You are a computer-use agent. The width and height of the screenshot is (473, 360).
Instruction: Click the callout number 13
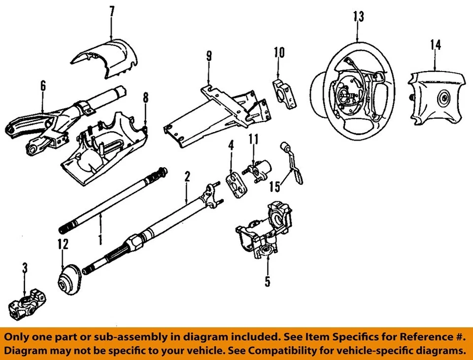[358, 16]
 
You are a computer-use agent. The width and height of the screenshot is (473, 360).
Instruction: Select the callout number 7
[112, 11]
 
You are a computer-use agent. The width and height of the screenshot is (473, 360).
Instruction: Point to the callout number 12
[63, 244]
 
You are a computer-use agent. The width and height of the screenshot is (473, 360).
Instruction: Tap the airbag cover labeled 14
[439, 99]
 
